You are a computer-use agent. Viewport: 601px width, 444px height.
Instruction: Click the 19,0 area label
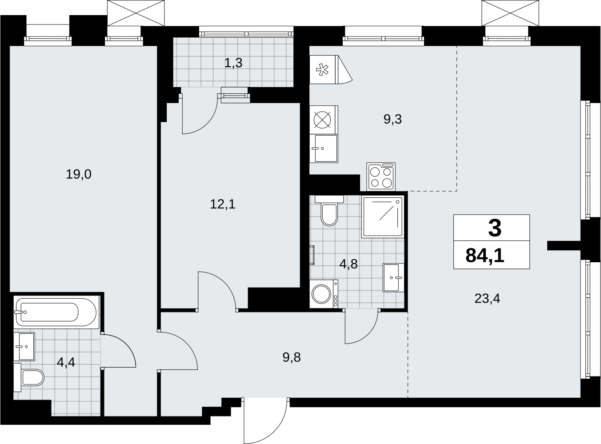click(x=79, y=174)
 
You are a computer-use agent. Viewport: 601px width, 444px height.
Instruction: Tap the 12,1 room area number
click(x=223, y=204)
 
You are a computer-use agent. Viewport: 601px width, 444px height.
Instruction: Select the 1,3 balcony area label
click(x=233, y=63)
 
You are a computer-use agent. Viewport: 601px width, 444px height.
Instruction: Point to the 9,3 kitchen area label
click(x=393, y=119)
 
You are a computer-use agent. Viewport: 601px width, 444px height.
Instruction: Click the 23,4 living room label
click(x=487, y=299)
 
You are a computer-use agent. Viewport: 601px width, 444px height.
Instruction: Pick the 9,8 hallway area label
click(x=292, y=358)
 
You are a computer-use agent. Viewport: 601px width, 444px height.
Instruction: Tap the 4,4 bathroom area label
click(x=66, y=363)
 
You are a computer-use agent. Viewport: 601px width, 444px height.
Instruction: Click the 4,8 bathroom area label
click(x=349, y=264)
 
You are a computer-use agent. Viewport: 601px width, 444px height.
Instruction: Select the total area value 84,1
click(x=485, y=256)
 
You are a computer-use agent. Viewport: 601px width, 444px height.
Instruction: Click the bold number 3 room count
click(x=495, y=228)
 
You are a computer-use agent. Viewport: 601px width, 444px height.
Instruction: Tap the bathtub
click(x=56, y=312)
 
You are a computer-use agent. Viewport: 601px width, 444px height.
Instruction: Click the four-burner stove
click(x=381, y=176)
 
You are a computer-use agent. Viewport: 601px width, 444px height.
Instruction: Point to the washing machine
click(x=324, y=294)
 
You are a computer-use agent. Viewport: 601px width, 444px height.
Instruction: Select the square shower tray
click(x=383, y=217)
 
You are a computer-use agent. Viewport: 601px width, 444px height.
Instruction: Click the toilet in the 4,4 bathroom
click(x=29, y=378)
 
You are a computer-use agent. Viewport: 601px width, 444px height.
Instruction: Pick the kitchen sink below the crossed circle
click(x=324, y=148)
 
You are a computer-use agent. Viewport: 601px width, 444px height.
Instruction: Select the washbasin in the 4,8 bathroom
click(x=393, y=278)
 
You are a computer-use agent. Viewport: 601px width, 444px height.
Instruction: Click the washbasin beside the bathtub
click(x=24, y=347)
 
